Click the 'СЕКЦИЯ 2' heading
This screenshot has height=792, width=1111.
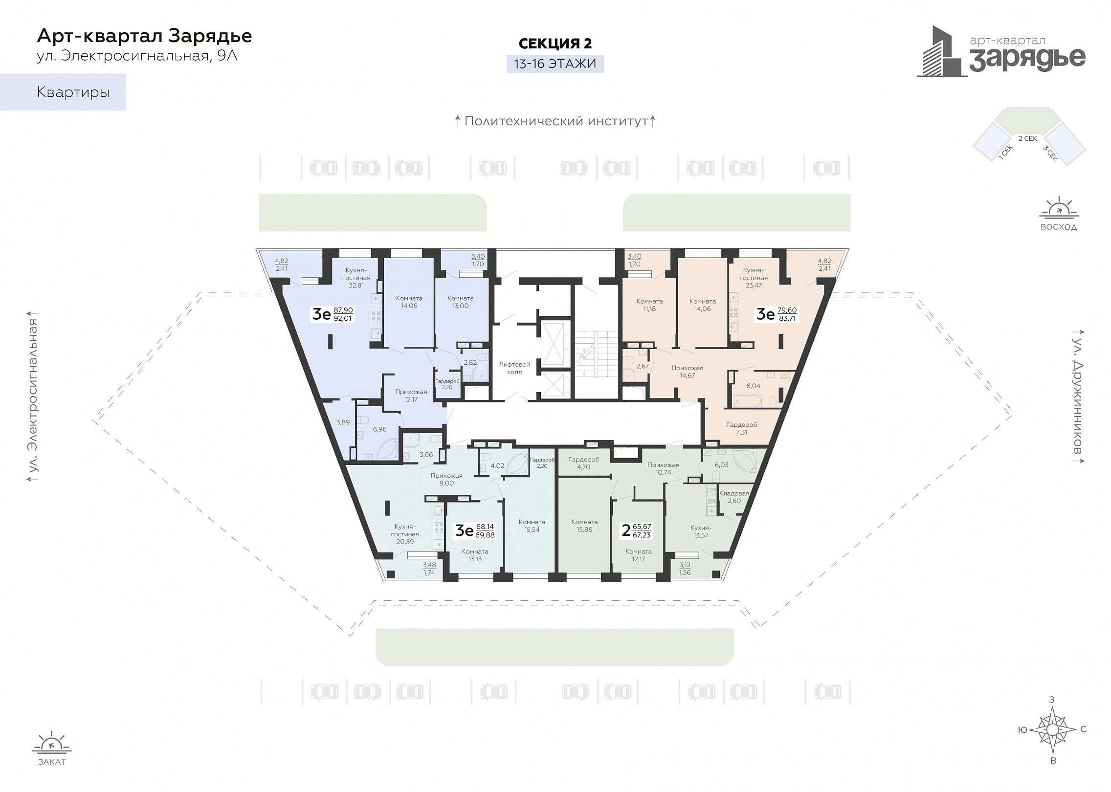(x=555, y=44)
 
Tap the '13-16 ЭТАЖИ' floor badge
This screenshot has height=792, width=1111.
(x=555, y=64)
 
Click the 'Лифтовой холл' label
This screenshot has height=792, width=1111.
(x=514, y=368)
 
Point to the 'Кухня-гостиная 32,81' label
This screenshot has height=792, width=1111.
(x=356, y=278)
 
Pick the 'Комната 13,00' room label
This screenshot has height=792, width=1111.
(x=460, y=302)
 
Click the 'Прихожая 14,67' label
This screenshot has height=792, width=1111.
(x=687, y=372)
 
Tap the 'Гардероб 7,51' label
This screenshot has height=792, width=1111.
(x=741, y=429)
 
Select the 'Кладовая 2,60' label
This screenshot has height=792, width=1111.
(x=734, y=497)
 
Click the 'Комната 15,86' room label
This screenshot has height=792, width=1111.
(x=584, y=526)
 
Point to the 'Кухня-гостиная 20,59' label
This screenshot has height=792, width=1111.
(x=405, y=534)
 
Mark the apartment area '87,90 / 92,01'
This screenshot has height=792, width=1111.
(x=343, y=314)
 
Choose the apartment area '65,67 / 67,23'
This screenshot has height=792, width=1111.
(x=642, y=531)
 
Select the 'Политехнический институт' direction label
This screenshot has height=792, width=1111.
(x=556, y=121)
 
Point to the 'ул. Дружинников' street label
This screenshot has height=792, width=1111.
(x=1077, y=396)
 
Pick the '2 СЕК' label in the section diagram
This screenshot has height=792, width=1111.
(x=1027, y=138)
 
